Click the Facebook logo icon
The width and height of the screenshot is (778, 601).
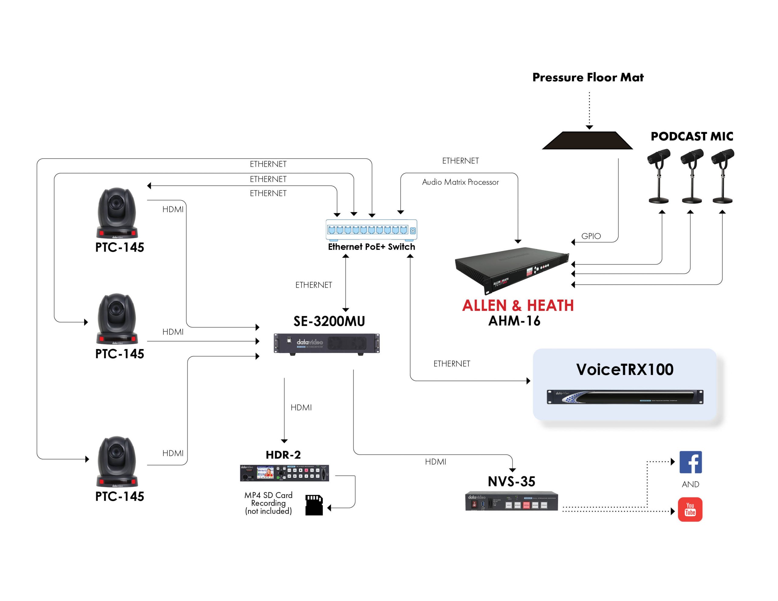[x=690, y=462]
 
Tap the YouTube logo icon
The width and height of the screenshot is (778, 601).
[x=690, y=510]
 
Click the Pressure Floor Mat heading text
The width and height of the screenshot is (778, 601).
[x=588, y=77]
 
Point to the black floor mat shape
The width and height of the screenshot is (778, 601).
[x=587, y=140]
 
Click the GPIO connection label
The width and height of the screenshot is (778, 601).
[x=591, y=236]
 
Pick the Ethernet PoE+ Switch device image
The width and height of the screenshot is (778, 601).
[x=371, y=230]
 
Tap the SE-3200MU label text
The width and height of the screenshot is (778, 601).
[x=329, y=321]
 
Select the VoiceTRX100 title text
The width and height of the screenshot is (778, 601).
[x=625, y=369]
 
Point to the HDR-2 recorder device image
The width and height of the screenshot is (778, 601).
[x=284, y=473]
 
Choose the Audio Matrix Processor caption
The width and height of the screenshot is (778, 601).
[x=460, y=182]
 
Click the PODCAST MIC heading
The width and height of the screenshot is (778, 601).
[x=692, y=136]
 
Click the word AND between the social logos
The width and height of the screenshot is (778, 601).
[x=690, y=484]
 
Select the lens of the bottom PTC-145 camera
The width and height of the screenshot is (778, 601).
[x=116, y=453]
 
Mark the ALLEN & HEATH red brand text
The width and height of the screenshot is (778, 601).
[x=518, y=306]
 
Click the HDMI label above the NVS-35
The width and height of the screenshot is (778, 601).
[x=435, y=462]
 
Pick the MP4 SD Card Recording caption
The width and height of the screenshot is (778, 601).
[x=268, y=503]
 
